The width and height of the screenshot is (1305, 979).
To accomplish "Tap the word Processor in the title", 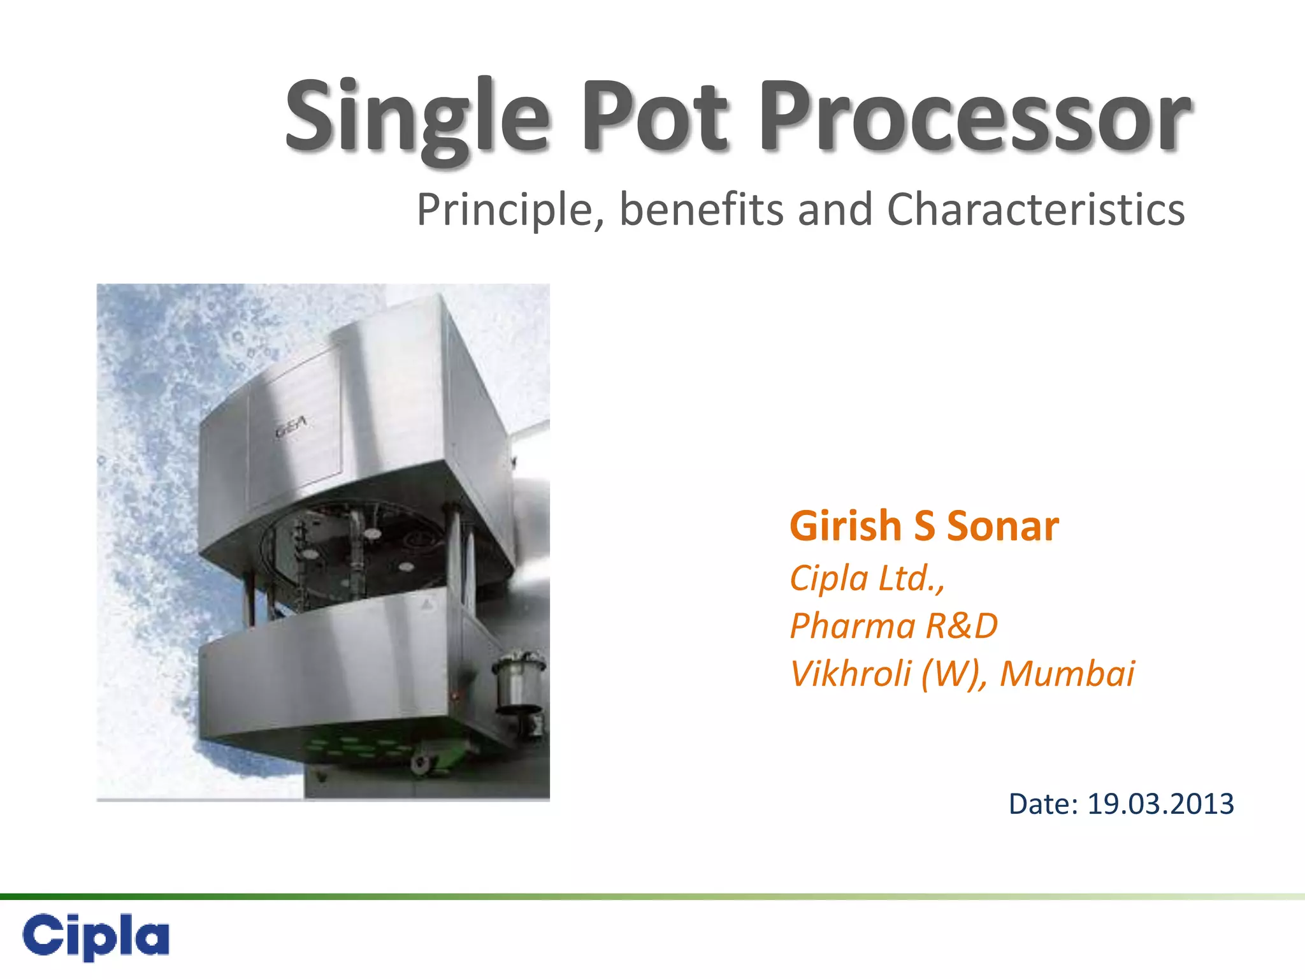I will coord(974,118).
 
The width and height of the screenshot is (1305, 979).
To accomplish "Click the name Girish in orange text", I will coord(845,526).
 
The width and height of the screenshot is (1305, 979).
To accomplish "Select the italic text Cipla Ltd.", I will coord(867,579).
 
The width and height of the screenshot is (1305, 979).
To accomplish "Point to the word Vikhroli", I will coord(851,674).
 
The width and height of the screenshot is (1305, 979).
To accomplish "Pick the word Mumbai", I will coord(1067,674).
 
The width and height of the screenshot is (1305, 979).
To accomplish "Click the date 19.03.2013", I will coord(1160,804).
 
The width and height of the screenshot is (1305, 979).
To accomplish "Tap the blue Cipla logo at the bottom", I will coord(96,936).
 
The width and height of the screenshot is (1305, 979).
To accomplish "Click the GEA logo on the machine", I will coord(291,425).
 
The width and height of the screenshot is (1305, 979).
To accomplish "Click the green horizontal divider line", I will coord(652,897).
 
